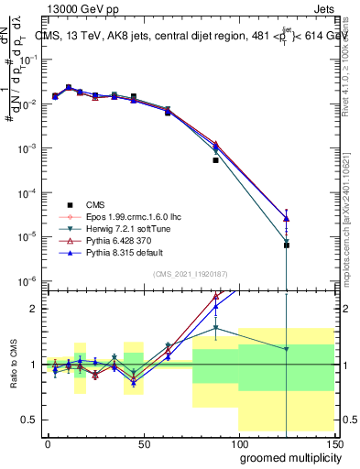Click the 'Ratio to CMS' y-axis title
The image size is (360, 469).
(x=12, y=377)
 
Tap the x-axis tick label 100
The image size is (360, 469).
(x=238, y=442)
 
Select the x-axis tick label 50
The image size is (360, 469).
(x=143, y=442)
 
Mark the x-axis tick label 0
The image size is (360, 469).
(x=48, y=442)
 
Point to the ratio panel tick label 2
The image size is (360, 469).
(x=33, y=309)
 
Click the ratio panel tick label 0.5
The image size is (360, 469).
(x=29, y=420)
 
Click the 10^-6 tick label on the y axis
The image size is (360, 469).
(x=28, y=280)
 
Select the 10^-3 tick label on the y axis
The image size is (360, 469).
(x=28, y=147)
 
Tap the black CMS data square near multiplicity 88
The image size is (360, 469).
(x=215, y=160)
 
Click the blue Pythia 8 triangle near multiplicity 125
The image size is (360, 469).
(x=287, y=219)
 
